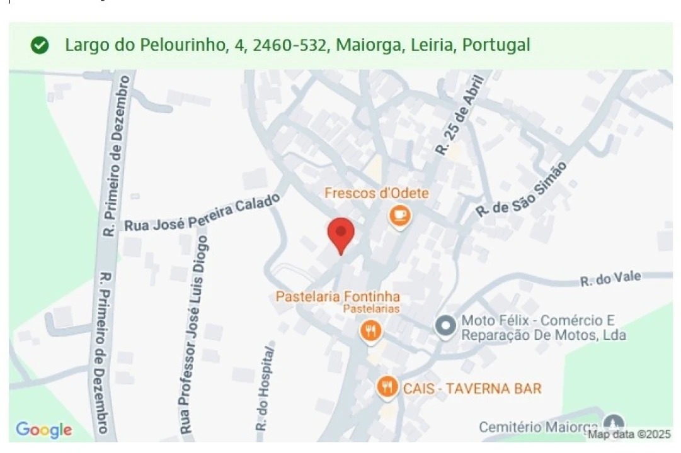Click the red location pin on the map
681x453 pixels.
(341, 234)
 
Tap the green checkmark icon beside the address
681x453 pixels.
(40, 45)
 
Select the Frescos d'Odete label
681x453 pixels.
(376, 193)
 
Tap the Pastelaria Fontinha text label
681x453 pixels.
(338, 296)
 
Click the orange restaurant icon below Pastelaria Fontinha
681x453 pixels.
(370, 330)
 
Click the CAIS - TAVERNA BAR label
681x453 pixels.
(472, 388)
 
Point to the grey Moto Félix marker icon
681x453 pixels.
(446, 326)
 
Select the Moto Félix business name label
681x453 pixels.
(543, 328)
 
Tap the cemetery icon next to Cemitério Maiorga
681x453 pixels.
(613, 423)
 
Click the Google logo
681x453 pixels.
(43, 430)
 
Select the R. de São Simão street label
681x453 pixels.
(522, 189)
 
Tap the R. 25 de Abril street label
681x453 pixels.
(462, 115)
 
